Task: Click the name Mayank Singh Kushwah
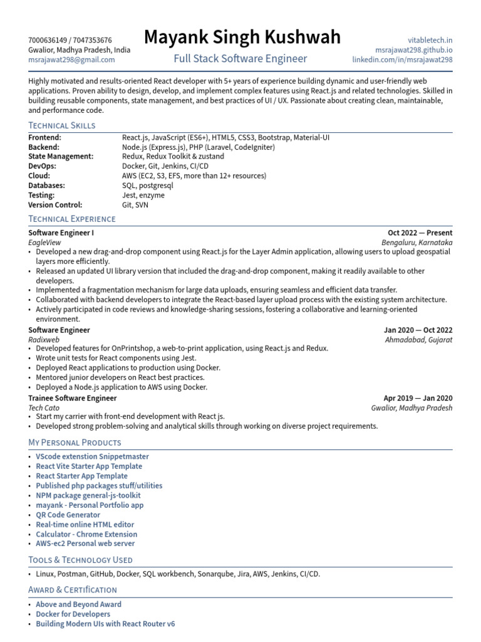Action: (x=242, y=38)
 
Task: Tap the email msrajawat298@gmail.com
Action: (x=71, y=60)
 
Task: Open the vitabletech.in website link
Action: (x=430, y=39)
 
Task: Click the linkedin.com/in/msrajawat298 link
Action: (x=402, y=60)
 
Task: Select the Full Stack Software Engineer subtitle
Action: (x=240, y=59)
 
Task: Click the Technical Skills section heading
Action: (x=62, y=125)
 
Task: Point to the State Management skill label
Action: (x=61, y=156)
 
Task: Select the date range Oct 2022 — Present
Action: (x=420, y=233)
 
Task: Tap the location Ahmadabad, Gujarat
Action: (x=418, y=340)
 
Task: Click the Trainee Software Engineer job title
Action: (x=72, y=398)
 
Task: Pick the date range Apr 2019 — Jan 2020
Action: (x=418, y=398)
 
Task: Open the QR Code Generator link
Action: (x=68, y=515)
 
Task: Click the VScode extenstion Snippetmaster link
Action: (x=92, y=456)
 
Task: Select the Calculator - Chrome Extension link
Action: (x=86, y=534)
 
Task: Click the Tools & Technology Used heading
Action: (x=80, y=560)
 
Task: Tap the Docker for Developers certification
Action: (x=73, y=614)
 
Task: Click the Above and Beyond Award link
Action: (x=78, y=604)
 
